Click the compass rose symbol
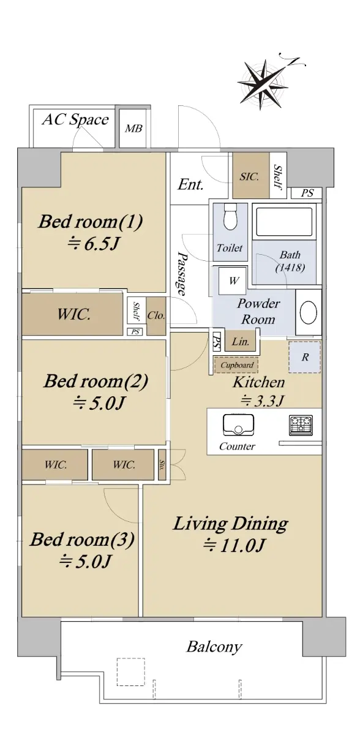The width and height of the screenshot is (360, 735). [x=264, y=83]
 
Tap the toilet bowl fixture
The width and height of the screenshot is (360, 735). [x=230, y=217]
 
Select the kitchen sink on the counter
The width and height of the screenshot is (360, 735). [x=238, y=424]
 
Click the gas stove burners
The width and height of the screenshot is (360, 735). [x=301, y=425]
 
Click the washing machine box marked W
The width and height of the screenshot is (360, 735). [x=233, y=281]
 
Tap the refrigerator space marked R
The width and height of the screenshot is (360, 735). [x=304, y=357]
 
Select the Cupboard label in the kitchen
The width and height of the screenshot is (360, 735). [x=237, y=365]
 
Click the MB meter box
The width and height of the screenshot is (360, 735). [x=133, y=128]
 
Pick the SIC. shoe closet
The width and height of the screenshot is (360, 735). [x=251, y=175]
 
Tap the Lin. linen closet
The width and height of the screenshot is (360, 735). [x=241, y=342]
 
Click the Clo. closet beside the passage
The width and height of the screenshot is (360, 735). [x=156, y=316]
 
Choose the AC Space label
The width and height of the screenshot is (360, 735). [x=75, y=119]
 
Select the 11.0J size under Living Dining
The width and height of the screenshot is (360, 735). [x=233, y=546]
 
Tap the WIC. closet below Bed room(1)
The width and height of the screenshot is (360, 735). [x=72, y=314]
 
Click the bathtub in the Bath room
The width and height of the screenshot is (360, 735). [x=284, y=222]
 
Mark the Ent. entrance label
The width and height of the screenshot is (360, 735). [x=190, y=185]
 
